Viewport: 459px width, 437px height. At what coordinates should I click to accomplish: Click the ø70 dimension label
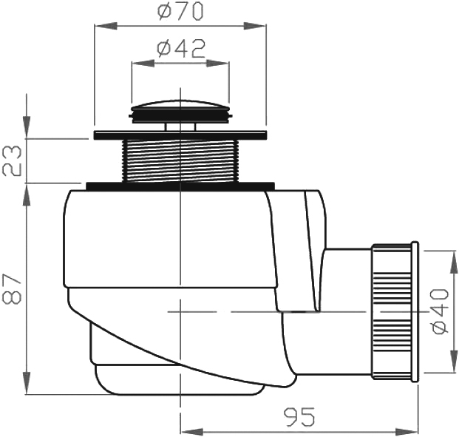coord(180,12)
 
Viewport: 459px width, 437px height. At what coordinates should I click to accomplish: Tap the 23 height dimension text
coord(12,160)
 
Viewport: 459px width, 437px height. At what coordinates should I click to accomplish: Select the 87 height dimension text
coord(12,289)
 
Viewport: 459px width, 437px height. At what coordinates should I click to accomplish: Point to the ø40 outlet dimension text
coord(441,311)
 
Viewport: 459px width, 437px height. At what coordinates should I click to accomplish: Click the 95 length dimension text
coord(299,417)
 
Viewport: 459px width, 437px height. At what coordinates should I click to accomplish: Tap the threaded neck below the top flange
coord(180,160)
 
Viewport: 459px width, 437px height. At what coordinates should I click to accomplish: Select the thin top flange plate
coord(180,135)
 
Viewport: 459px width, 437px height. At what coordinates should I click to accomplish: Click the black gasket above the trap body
coord(180,186)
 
